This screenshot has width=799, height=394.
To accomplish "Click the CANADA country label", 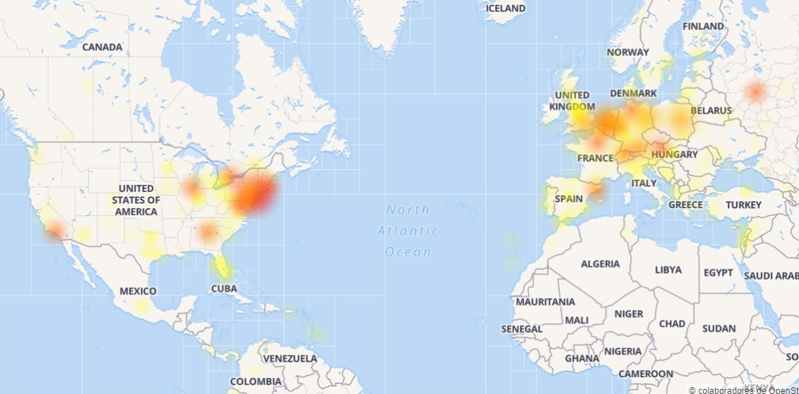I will (x=102, y=47).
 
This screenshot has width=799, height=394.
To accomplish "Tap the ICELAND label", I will (x=506, y=8).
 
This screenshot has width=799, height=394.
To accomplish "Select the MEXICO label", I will (x=138, y=291).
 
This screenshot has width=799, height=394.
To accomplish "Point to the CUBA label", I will (x=224, y=289).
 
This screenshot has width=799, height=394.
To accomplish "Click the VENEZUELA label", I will (x=289, y=359).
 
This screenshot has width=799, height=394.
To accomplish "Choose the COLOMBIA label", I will (x=255, y=382).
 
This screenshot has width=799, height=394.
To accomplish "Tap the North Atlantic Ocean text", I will (x=408, y=231).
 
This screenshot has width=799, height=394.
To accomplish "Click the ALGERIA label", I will (x=600, y=264).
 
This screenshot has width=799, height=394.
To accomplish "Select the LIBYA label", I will (x=668, y=270).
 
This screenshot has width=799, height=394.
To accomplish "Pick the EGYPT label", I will (x=718, y=273).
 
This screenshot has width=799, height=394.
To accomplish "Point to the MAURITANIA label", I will (x=545, y=302).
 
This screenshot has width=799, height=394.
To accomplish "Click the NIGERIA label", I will (x=622, y=351).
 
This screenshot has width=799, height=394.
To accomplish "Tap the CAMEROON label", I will (x=646, y=373).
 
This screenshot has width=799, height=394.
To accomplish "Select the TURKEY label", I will (x=743, y=205).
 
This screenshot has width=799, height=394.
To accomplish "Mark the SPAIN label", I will (x=569, y=198).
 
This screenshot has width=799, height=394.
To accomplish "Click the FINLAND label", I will (x=703, y=26).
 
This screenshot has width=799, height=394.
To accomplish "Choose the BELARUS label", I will (x=711, y=111).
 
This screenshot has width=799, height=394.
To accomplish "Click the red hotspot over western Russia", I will (x=756, y=92).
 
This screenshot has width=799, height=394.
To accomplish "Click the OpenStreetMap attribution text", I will (x=743, y=389).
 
